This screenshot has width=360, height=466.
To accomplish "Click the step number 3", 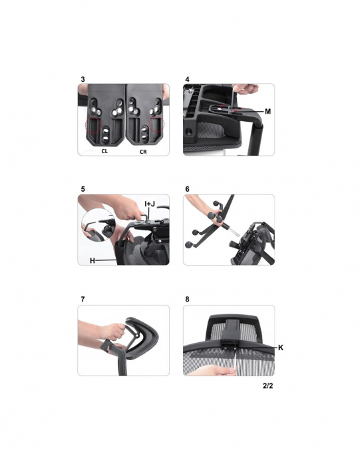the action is [x=83, y=79].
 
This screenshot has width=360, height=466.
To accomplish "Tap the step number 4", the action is [x=187, y=79].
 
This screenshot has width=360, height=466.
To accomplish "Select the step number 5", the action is [x=83, y=189].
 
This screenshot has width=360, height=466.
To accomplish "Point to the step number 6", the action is [x=187, y=189].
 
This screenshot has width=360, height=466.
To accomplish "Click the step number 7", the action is [x=83, y=300].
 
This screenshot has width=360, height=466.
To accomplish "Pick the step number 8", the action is [x=187, y=300].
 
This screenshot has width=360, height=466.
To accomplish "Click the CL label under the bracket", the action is [x=104, y=151].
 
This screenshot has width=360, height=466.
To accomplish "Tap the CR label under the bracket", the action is [x=143, y=152].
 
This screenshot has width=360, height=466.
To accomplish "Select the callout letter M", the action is [x=268, y=111].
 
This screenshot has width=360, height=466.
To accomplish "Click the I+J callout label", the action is [x=150, y=204].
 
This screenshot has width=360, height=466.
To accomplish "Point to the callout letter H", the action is [x=92, y=261].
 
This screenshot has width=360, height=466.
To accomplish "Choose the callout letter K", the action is [x=280, y=348].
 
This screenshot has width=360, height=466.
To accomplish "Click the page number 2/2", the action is [x=268, y=385].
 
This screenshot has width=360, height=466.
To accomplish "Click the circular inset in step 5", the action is [x=98, y=225].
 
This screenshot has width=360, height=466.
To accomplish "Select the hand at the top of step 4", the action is [x=246, y=89].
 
